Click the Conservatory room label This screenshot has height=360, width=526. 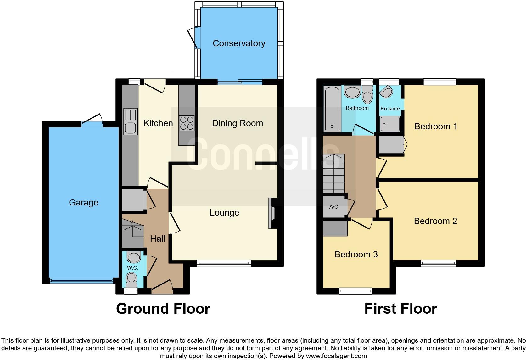click(239, 43)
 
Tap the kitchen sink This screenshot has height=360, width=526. click(130, 122)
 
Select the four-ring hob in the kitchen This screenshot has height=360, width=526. click(187, 123)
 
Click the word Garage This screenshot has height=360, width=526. click(83, 203)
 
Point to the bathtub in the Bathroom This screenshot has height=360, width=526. click(332, 109)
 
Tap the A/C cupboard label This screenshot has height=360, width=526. click(333, 207)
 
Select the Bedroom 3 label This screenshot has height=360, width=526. click(356, 254)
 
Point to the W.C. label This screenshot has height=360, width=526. click(132, 268)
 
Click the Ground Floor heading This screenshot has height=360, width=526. click(163, 309)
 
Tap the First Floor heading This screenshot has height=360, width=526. click(400, 309)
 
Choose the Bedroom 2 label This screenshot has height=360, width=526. click(435, 221)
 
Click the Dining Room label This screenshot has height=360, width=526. click(238, 123)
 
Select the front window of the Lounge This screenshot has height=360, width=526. click(224, 263)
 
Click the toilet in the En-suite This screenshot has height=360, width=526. click(386, 93)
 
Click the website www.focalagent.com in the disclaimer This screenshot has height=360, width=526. click(336, 356)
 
